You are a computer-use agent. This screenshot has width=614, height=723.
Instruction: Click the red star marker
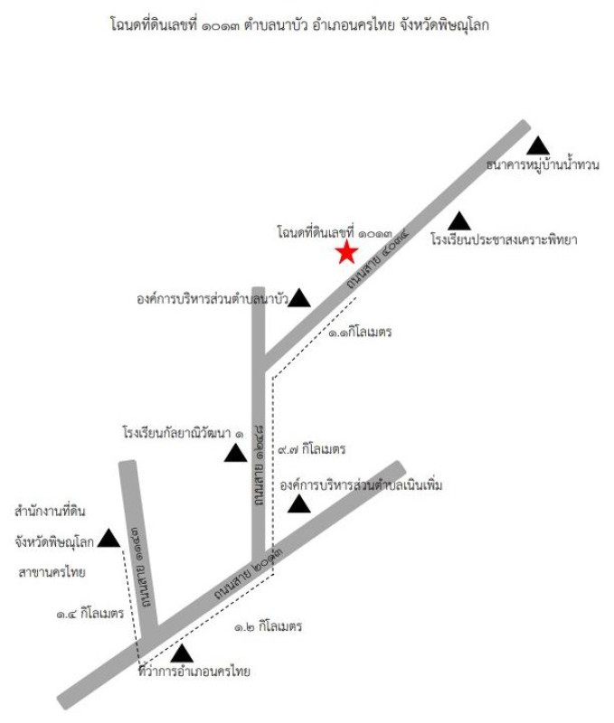coord(346,253)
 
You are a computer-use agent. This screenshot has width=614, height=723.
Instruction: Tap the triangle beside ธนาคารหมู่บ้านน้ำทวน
coord(538,146)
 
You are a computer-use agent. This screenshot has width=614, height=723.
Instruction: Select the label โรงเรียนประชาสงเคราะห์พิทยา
coord(504,239)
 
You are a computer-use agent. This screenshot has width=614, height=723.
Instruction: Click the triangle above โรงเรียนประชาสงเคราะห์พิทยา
coord(459,221)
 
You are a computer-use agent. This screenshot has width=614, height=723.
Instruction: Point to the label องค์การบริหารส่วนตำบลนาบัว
coord(213,299)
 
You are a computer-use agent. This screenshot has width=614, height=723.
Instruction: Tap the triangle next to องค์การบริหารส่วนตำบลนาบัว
coord(299,298)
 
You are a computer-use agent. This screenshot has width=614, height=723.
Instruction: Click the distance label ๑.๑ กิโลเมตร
coord(360,332)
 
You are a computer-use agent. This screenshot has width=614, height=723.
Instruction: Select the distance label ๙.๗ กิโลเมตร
coord(311,448)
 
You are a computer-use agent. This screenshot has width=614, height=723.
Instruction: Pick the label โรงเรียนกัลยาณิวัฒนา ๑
coord(183,434)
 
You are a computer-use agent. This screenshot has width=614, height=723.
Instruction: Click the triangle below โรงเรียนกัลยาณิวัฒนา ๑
coord(236,453)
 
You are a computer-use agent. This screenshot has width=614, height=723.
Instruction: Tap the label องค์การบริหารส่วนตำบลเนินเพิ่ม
coord(361,485)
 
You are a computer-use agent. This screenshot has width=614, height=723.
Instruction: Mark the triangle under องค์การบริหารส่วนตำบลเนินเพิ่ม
coord(299,503)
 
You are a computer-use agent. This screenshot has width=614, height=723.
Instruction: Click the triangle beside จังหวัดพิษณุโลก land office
coord(109,538)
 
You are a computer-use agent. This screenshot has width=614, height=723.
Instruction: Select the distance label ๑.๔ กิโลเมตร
coord(90,614)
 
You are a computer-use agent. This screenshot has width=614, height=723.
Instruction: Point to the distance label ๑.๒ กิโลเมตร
coord(268,626)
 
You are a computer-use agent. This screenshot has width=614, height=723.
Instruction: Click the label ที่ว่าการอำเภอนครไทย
coord(194,671)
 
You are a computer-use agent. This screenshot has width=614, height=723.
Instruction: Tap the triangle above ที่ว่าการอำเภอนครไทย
coord(182,653)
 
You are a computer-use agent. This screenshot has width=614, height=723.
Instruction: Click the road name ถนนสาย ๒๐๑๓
coord(248,570)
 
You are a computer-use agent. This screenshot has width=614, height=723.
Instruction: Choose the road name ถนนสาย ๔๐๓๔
coord(378,260)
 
